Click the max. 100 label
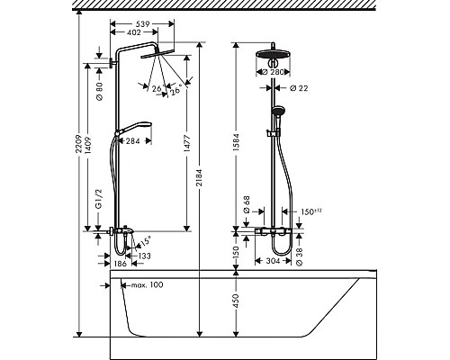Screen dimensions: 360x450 coord(147,285)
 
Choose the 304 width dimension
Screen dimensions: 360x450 coord(268,262)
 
